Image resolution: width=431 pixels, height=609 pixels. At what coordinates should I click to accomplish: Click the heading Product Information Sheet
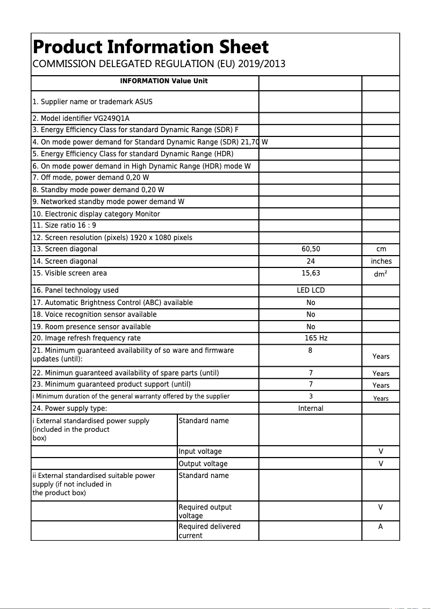[x=150, y=47]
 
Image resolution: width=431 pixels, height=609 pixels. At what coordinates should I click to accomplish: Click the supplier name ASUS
[x=143, y=102]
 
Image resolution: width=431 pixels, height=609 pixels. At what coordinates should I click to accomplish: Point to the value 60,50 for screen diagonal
[x=311, y=249]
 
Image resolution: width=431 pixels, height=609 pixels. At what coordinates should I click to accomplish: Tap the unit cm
[x=380, y=249]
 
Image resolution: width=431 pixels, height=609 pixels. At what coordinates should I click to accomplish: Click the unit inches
[x=380, y=262]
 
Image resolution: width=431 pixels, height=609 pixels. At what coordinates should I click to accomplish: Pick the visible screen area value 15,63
[x=311, y=273]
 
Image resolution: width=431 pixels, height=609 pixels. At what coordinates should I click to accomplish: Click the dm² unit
[x=380, y=274]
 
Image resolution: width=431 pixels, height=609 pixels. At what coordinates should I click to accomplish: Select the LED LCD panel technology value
[x=311, y=291]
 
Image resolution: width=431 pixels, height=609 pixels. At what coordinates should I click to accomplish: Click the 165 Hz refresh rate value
[x=315, y=338]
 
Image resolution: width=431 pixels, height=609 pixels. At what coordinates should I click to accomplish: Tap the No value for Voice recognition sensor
[x=311, y=315]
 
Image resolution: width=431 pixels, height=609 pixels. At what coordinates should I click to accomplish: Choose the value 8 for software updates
[x=310, y=351]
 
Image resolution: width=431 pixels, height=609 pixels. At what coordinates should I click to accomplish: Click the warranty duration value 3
[x=310, y=396]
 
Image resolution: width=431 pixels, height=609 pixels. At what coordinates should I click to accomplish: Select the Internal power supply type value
[x=311, y=409]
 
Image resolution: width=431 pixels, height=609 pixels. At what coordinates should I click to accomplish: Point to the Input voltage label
[x=200, y=452]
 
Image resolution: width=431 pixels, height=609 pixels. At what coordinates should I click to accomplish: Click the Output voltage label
[x=203, y=464]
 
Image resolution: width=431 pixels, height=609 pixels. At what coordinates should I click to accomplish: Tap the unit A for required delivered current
[x=380, y=527]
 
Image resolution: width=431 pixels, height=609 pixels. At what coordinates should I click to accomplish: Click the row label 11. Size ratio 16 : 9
[x=64, y=226]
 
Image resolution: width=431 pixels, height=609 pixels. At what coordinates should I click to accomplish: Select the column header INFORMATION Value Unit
[x=163, y=81]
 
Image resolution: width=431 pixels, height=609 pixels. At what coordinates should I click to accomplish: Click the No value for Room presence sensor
[x=311, y=327]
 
